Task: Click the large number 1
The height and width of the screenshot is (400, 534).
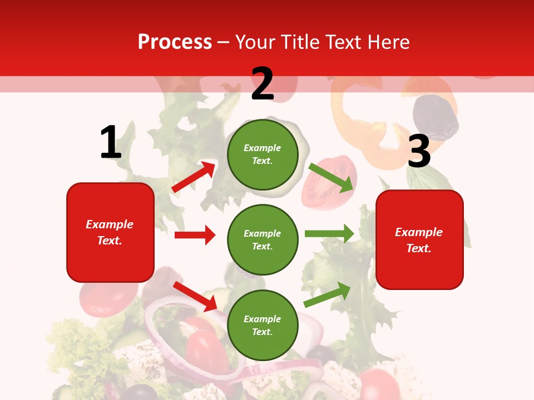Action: [111, 143]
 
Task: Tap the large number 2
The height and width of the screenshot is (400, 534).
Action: [263, 84]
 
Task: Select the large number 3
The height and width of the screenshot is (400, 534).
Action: [419, 152]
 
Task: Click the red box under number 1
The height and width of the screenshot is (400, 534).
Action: [110, 232]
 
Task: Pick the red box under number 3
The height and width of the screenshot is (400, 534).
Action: [419, 240]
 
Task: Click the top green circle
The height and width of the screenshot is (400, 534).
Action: [263, 154]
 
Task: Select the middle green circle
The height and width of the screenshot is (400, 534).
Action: [263, 239]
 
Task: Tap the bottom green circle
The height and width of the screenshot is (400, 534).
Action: [263, 325]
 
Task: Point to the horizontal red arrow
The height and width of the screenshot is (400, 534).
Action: [195, 235]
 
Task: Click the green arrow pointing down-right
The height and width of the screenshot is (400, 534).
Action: [332, 177]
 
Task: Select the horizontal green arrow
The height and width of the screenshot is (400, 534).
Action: [329, 234]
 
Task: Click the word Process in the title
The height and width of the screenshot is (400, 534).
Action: [175, 42]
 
